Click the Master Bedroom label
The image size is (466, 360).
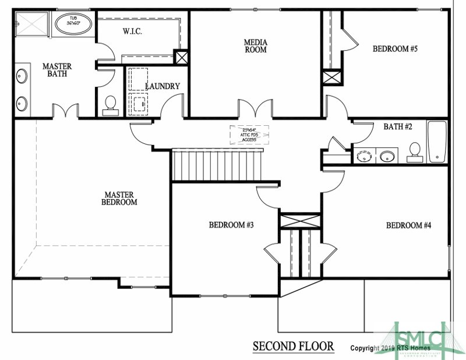coord(119,199)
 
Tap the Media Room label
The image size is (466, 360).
coord(255,45)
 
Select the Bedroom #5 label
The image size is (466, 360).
coord(395,49)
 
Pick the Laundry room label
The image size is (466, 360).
coord(162,86)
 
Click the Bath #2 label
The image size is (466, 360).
coord(398,126)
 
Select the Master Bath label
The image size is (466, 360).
coord(57,70)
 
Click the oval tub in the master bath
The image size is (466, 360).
coord(73,25)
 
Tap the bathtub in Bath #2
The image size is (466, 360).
coord(437,142)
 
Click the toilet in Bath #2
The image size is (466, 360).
coord(415,150)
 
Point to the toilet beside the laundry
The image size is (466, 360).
coord(110,105)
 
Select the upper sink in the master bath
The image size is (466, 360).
coord(21,76)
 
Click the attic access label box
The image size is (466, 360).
coord(250,134)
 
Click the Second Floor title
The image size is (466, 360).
coord(293,347)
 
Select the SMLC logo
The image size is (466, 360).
coord(420,339)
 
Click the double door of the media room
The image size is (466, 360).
coord(255,108)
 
